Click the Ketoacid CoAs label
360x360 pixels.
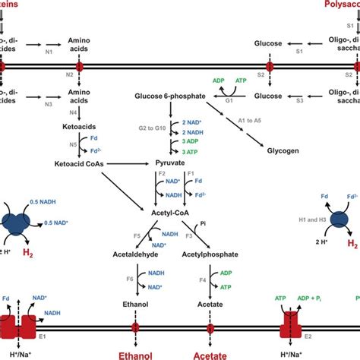(81, 163)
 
